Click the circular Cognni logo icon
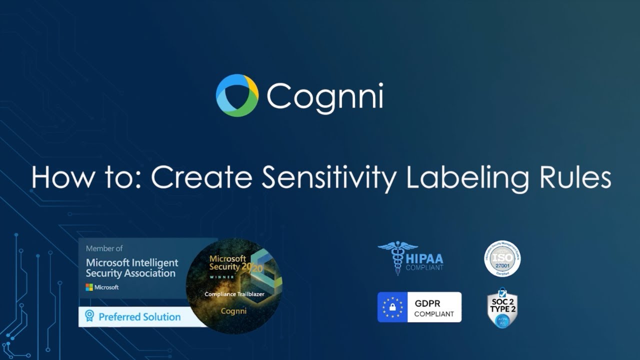(x=237, y=95)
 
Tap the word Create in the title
(x=202, y=177)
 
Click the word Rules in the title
(x=570, y=177)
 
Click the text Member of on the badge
(x=104, y=248)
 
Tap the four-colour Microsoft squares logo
(x=89, y=287)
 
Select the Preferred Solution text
(x=139, y=317)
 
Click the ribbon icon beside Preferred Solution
(x=89, y=316)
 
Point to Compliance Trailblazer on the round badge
(x=234, y=294)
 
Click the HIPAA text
(x=424, y=257)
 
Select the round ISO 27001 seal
(x=502, y=258)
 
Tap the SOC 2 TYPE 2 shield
(x=502, y=307)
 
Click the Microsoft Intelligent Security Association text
(x=131, y=268)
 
